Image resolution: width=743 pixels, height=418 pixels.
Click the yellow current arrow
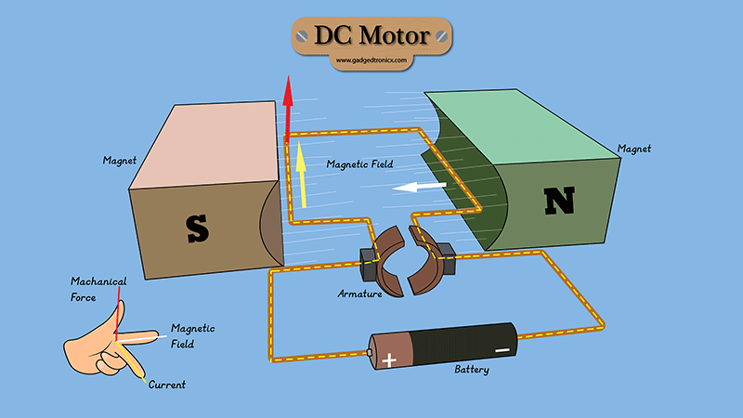[301, 176]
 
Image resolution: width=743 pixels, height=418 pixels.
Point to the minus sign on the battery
[501, 349]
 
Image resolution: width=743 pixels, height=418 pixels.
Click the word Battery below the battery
[471, 370]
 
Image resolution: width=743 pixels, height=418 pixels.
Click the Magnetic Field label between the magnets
[359, 164]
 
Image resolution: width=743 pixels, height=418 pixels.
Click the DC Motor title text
[371, 36]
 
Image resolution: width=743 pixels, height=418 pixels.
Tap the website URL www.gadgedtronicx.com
[371, 61]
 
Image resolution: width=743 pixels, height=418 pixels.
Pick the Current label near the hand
[167, 384]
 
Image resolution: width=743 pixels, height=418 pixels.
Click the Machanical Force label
[98, 287]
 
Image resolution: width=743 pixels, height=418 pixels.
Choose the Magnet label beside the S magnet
[120, 161]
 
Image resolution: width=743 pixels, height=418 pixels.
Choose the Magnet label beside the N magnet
[633, 149]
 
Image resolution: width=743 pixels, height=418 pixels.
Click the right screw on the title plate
[441, 36]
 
